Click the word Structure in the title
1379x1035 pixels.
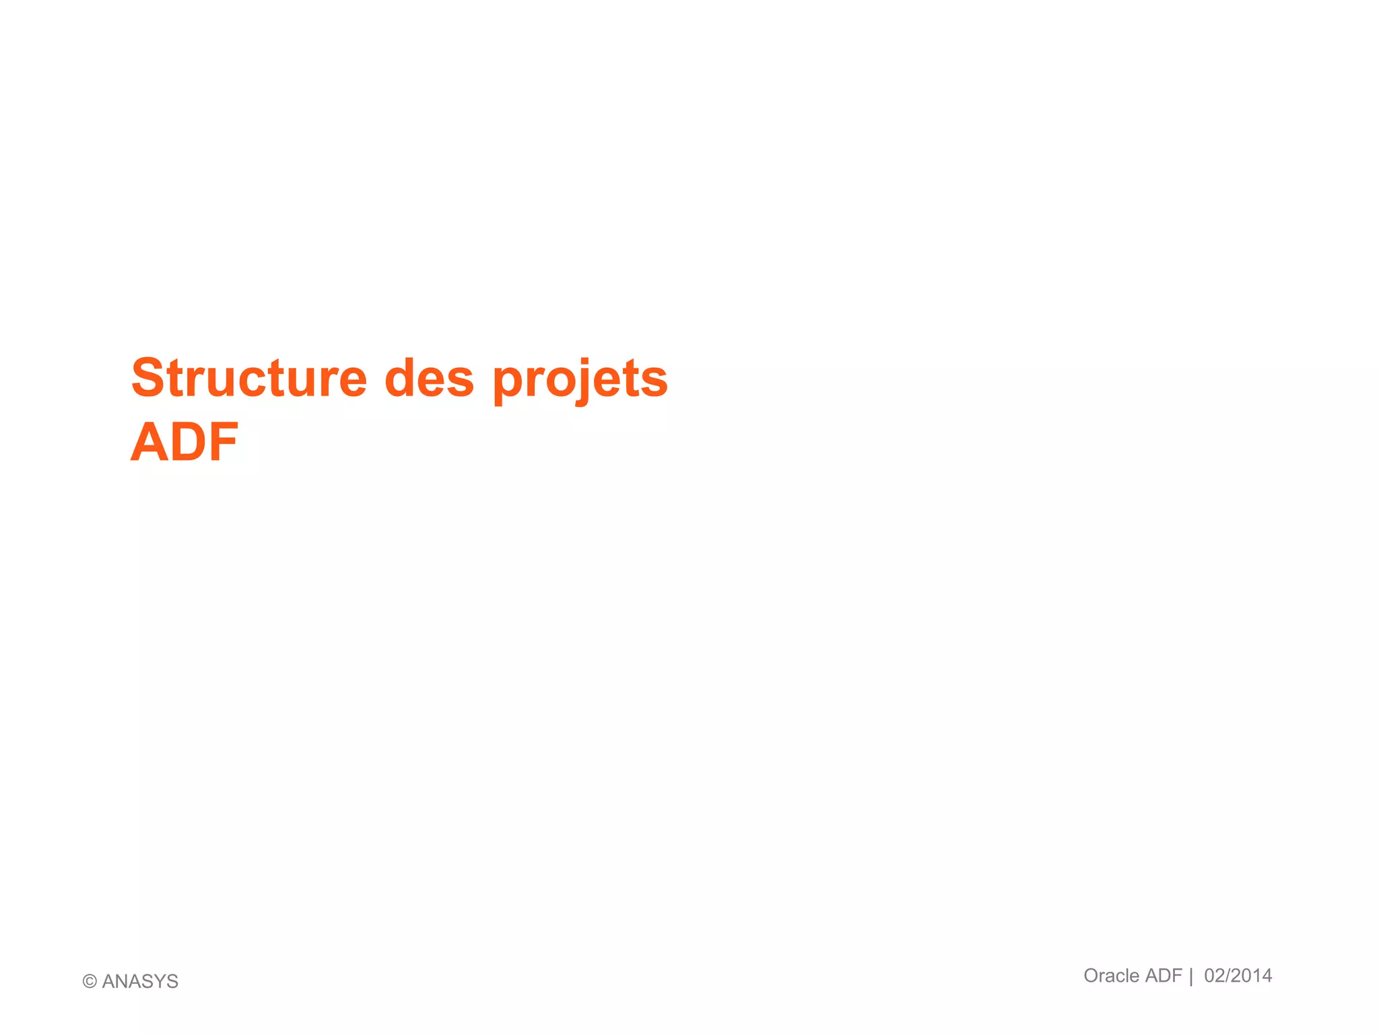(x=249, y=378)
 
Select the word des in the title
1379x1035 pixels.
(x=429, y=378)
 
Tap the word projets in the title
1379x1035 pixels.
(x=580, y=379)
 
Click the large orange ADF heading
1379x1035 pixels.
(x=184, y=443)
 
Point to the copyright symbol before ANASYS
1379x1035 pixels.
(x=90, y=982)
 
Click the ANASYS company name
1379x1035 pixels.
(x=140, y=982)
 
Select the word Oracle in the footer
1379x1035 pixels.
(x=1111, y=976)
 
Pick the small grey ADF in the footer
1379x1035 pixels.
(x=1164, y=976)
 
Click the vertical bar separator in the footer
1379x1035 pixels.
(x=1191, y=976)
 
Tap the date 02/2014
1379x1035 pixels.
(x=1238, y=976)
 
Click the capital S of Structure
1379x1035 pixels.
(x=148, y=378)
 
